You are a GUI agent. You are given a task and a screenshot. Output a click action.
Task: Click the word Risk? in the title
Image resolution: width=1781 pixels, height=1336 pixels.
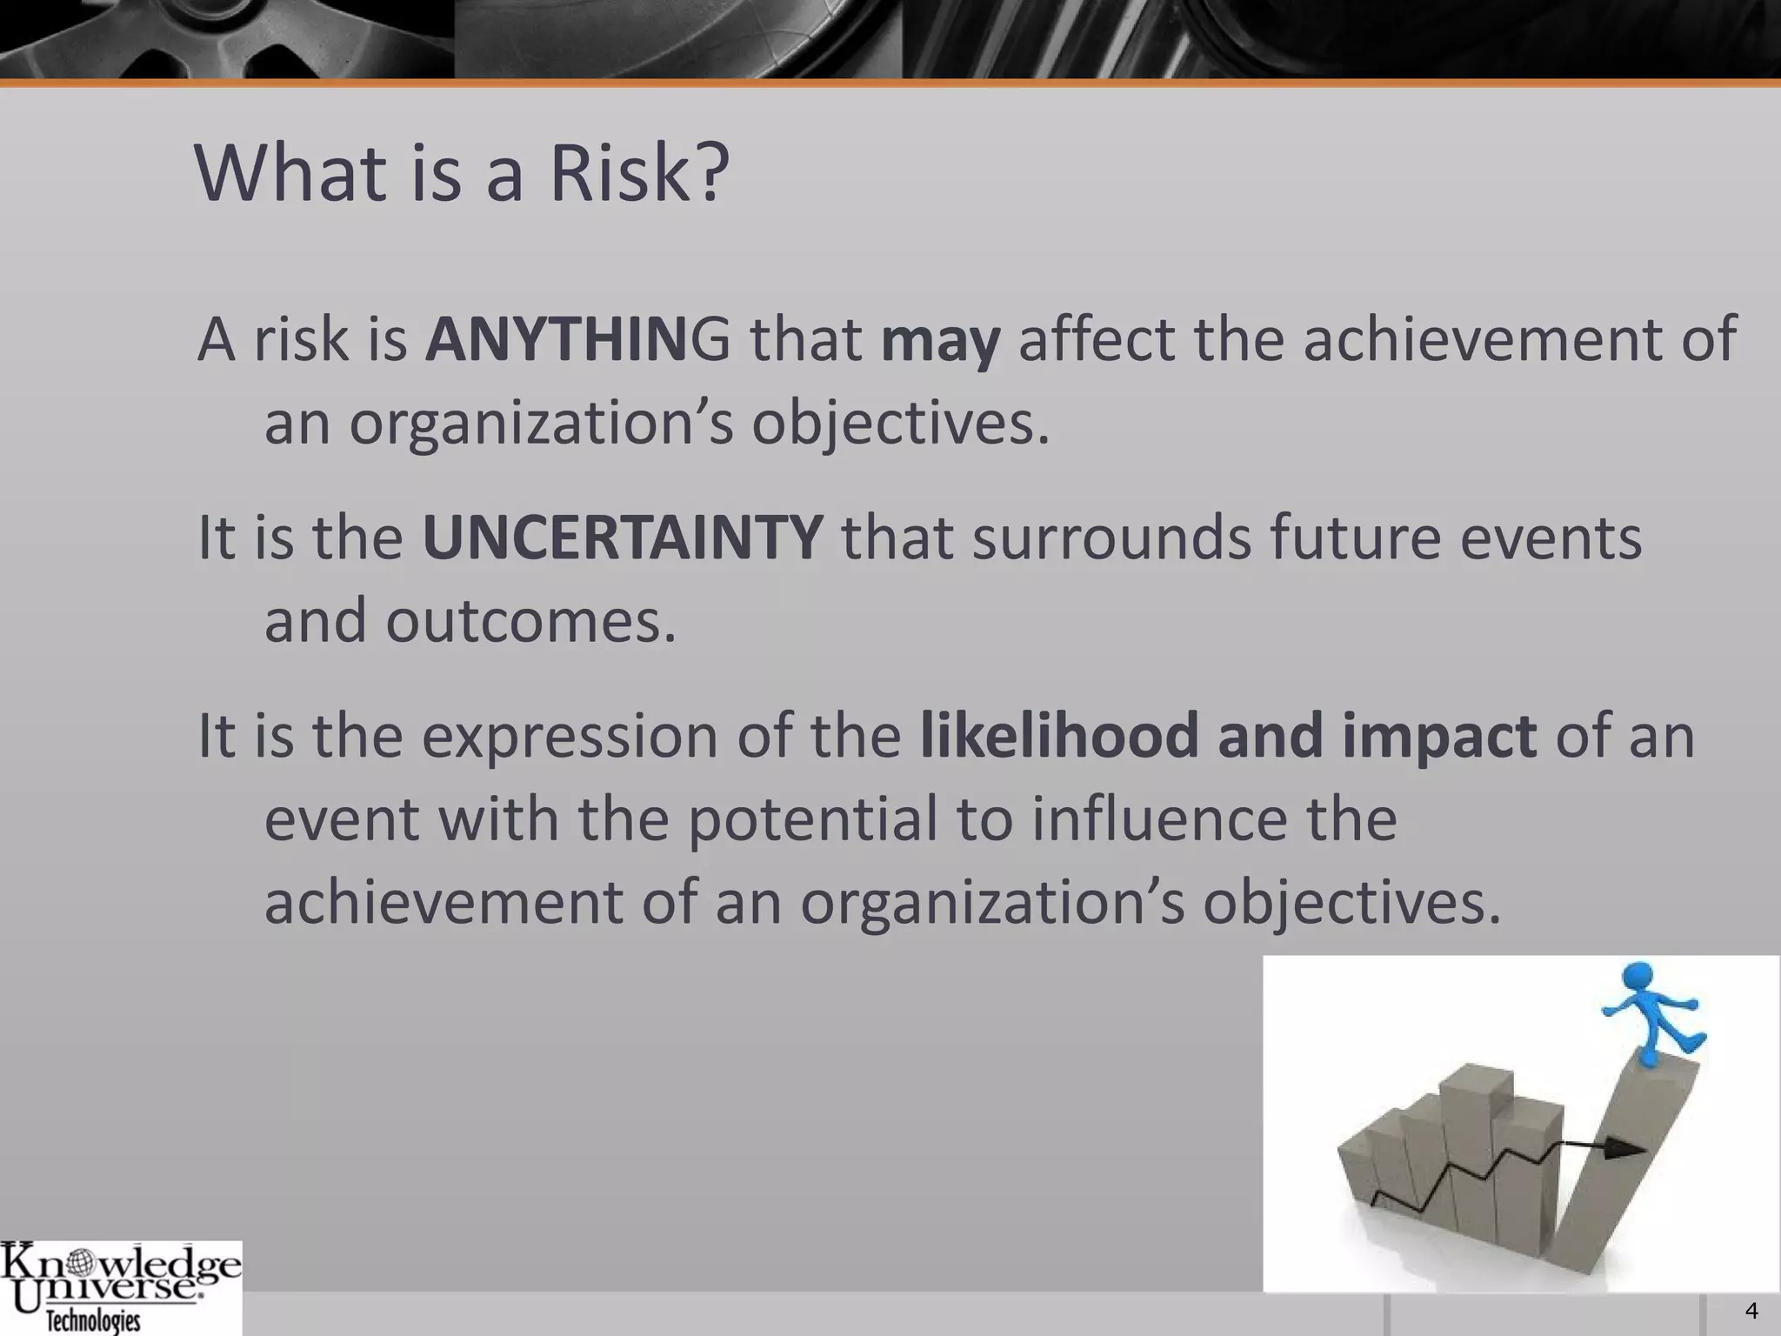[x=639, y=173]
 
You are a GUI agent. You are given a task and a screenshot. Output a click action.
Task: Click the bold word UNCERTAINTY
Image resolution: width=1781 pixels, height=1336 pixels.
[x=622, y=538]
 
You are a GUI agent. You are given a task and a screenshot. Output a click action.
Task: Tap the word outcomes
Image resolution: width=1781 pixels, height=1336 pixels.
[x=530, y=621]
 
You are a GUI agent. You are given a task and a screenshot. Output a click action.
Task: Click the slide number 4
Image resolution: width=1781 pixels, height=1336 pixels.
[x=1751, y=1311]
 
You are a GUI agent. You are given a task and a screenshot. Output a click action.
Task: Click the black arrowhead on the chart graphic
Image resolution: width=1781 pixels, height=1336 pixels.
[x=1623, y=1149]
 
